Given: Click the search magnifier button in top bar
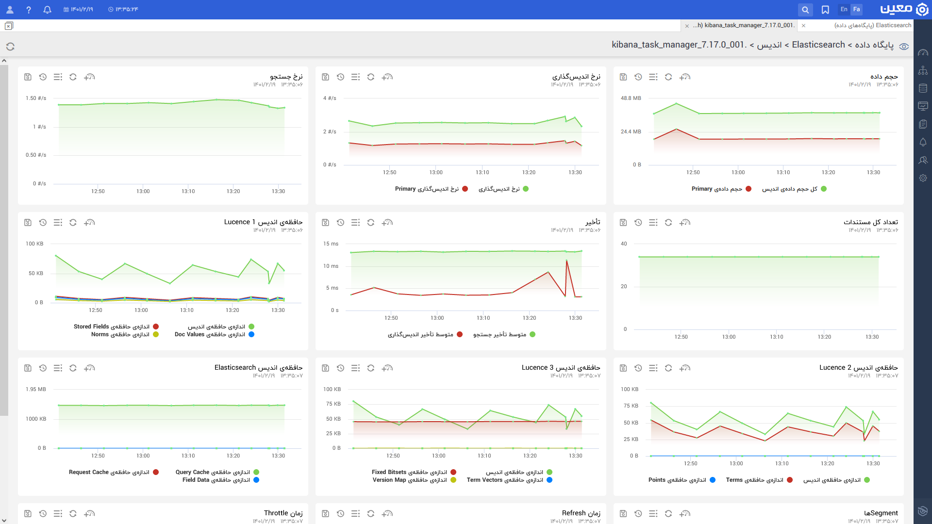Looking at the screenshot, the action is tap(805, 10).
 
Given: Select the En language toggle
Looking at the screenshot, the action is tap(844, 9).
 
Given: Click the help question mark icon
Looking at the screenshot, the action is tap(29, 10).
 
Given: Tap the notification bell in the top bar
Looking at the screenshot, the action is tap(47, 10).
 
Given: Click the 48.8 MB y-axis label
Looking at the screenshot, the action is tap(631, 98).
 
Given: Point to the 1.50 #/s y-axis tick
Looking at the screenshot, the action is tap(36, 98).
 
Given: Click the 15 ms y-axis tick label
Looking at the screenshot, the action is tap(331, 244).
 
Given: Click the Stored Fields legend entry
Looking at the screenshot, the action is tap(116, 327).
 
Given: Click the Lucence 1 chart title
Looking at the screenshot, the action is tap(263, 222).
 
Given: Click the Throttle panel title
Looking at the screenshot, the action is tap(283, 513).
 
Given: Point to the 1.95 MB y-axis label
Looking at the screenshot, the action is tap(36, 390).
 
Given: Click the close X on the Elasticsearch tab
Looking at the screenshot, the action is tap(803, 26).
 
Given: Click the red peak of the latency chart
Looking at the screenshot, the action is tap(566, 261).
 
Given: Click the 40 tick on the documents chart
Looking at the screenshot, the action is tap(624, 244).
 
